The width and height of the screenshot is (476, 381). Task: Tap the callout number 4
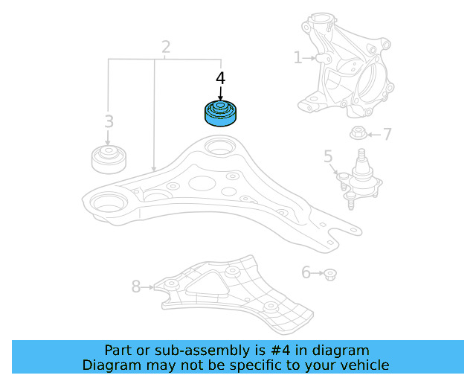click(x=220, y=78)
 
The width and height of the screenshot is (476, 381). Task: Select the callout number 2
click(x=165, y=48)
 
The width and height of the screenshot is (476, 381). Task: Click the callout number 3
click(x=109, y=121)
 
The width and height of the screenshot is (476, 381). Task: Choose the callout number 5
click(x=328, y=157)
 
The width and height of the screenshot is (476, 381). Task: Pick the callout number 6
click(x=305, y=273)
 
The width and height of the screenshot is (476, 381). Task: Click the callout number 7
click(x=387, y=135)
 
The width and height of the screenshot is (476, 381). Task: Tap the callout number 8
click(x=135, y=286)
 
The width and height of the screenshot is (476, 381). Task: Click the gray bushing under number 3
click(x=109, y=159)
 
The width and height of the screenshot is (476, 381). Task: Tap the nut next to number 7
click(x=357, y=135)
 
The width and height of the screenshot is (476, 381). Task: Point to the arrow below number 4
click(x=220, y=94)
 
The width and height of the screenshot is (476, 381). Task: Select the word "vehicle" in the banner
click(x=364, y=365)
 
